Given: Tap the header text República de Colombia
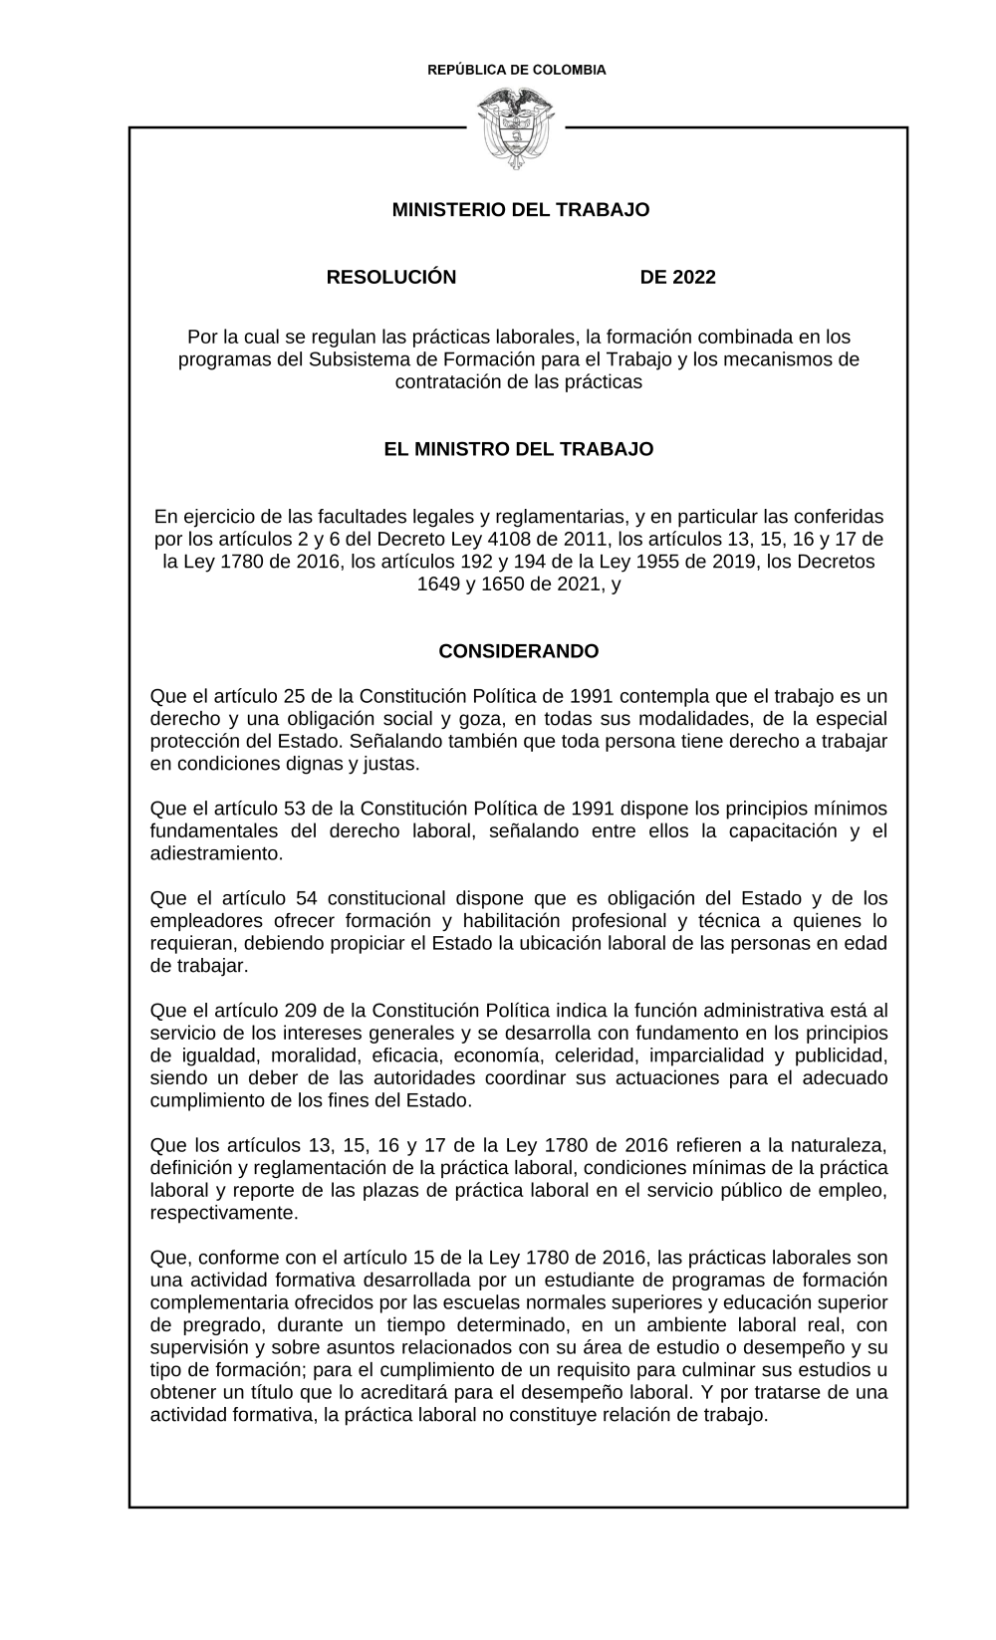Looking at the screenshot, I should (x=516, y=70).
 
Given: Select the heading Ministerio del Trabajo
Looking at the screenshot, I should (x=520, y=210).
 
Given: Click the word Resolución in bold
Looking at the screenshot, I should (x=391, y=277).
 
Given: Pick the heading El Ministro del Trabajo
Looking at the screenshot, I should (x=518, y=449).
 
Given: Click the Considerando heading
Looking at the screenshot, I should (x=518, y=651).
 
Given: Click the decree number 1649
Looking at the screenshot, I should (x=439, y=585).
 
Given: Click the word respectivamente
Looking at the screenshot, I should (x=222, y=1213).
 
